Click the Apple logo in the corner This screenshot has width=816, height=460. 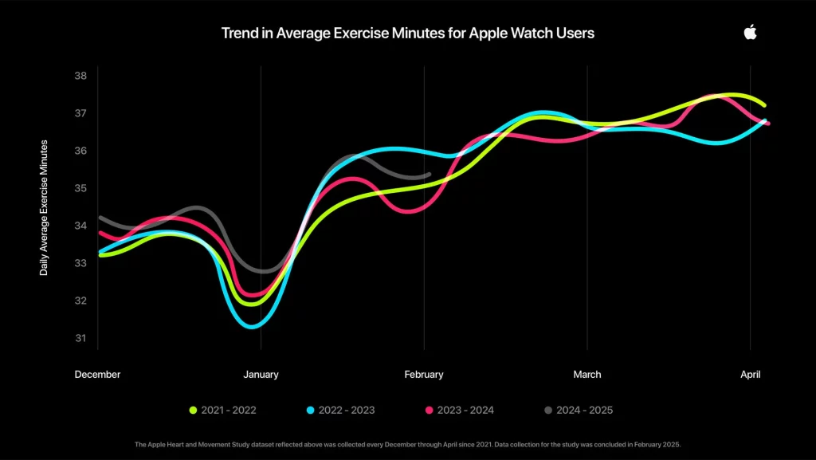click(x=750, y=32)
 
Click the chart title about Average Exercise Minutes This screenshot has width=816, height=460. click(x=407, y=33)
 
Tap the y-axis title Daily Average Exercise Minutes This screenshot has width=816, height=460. click(x=44, y=207)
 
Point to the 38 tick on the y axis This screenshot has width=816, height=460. click(x=80, y=76)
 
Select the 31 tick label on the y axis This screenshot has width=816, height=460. click(x=80, y=338)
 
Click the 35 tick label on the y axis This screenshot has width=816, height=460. click(x=80, y=188)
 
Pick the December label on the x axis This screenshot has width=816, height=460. click(x=97, y=375)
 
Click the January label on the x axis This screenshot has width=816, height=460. click(x=261, y=375)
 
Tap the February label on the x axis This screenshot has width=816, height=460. click(x=424, y=375)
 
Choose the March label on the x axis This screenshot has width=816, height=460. click(x=587, y=375)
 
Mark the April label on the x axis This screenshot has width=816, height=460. click(x=749, y=375)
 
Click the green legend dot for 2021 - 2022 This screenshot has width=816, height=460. click(x=193, y=411)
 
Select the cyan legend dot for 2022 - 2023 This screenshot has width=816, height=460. click(x=310, y=411)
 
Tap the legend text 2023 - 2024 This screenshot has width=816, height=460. click(x=465, y=411)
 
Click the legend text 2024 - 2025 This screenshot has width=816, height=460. click(x=584, y=411)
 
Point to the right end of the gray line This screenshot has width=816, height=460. click(x=429, y=174)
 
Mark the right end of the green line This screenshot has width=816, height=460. click(x=764, y=105)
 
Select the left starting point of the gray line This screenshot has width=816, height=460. click(x=100, y=217)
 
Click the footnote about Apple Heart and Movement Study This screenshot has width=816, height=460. click(x=407, y=444)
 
